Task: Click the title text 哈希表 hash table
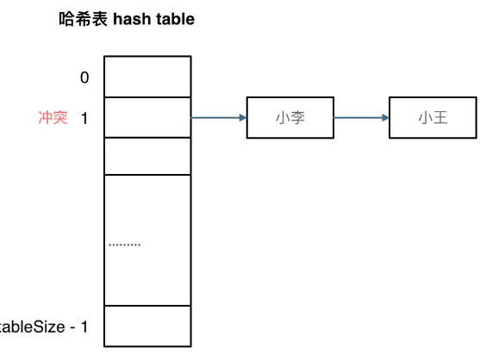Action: (126, 19)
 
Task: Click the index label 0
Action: (84, 78)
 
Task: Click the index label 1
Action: (84, 118)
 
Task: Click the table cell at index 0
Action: (146, 77)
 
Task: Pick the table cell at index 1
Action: (146, 117)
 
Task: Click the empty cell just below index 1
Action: (146, 156)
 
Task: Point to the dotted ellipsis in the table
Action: (124, 245)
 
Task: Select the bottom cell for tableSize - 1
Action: (146, 326)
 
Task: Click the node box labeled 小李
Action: (290, 118)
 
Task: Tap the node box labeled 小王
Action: (432, 118)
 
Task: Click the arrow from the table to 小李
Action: (217, 118)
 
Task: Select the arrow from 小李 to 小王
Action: (360, 118)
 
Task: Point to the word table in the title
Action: (175, 19)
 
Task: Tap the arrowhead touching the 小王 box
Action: (383, 118)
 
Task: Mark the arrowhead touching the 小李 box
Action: (242, 118)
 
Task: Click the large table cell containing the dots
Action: (146, 239)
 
